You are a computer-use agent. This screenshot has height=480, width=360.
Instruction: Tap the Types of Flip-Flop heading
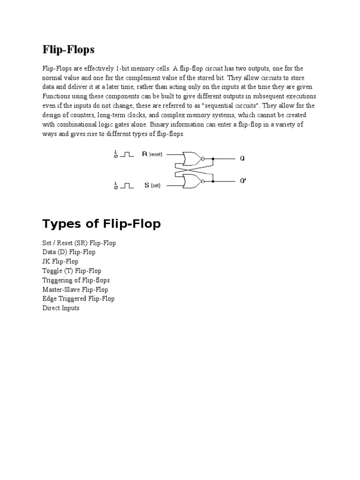point(101,224)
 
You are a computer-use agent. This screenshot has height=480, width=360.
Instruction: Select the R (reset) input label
point(152,154)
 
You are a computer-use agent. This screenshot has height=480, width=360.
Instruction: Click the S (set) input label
point(152,185)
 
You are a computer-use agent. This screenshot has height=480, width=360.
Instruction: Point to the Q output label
point(242,158)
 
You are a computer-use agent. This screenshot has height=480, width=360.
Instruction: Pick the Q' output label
point(243,181)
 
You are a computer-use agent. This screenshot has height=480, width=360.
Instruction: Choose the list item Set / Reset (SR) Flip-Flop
point(79,243)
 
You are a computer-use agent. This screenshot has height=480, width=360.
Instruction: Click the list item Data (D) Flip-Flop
point(68,252)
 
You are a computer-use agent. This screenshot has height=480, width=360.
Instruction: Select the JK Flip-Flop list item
point(60,262)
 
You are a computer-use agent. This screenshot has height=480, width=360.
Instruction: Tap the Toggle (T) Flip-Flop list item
point(72,271)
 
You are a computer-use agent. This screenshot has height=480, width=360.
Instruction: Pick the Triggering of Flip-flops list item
point(76,280)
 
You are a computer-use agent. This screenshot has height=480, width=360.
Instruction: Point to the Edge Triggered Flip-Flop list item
point(78,299)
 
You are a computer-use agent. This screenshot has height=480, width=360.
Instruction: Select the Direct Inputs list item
point(61,308)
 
